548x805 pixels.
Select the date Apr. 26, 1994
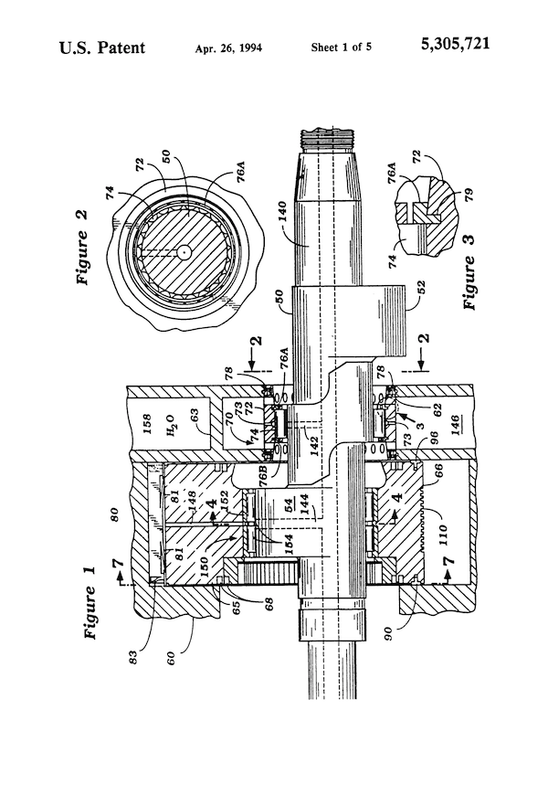click(x=227, y=47)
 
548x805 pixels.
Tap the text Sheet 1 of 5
click(x=339, y=47)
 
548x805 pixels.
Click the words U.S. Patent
click(x=101, y=47)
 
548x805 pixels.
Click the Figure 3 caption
click(x=473, y=280)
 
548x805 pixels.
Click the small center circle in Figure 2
click(x=184, y=250)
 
